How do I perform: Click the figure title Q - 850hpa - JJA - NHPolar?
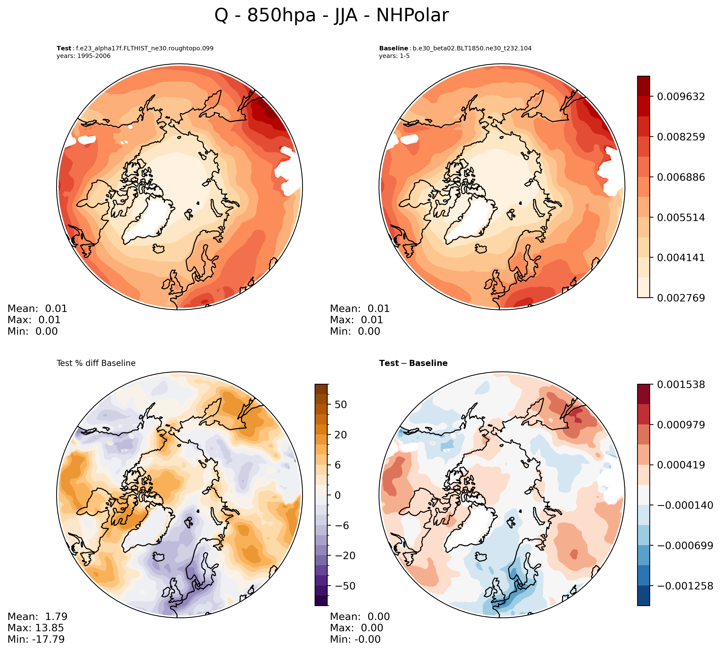(331, 16)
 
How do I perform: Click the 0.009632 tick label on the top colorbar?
(681, 97)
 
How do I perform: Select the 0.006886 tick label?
(681, 177)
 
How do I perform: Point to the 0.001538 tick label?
(681, 385)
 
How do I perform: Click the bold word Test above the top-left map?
(64, 48)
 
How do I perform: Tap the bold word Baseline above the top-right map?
(393, 48)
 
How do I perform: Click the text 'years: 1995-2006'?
(83, 56)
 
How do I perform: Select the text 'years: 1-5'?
(394, 56)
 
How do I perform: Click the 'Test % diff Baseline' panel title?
(96, 363)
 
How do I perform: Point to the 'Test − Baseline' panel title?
(413, 363)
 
